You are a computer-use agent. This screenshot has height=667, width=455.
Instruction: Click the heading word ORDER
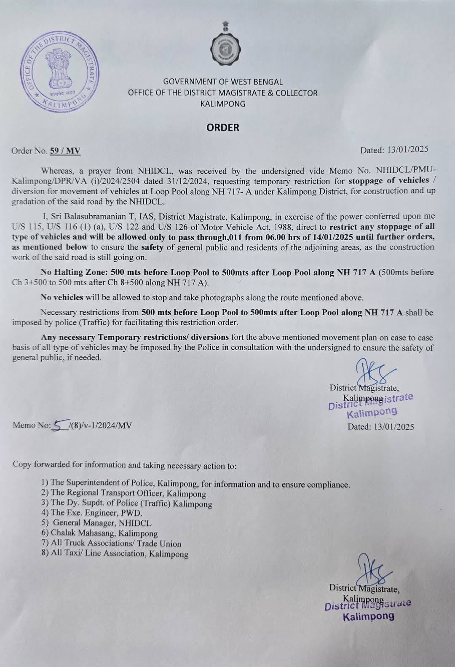point(223,128)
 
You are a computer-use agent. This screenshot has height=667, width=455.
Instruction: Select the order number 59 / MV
point(65,151)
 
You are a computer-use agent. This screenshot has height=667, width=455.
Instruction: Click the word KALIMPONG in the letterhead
point(223,104)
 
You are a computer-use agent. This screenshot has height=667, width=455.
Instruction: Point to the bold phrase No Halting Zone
point(71,272)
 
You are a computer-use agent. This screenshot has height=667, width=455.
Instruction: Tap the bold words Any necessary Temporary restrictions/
point(135,337)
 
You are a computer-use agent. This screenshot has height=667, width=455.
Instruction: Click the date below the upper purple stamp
point(380,426)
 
